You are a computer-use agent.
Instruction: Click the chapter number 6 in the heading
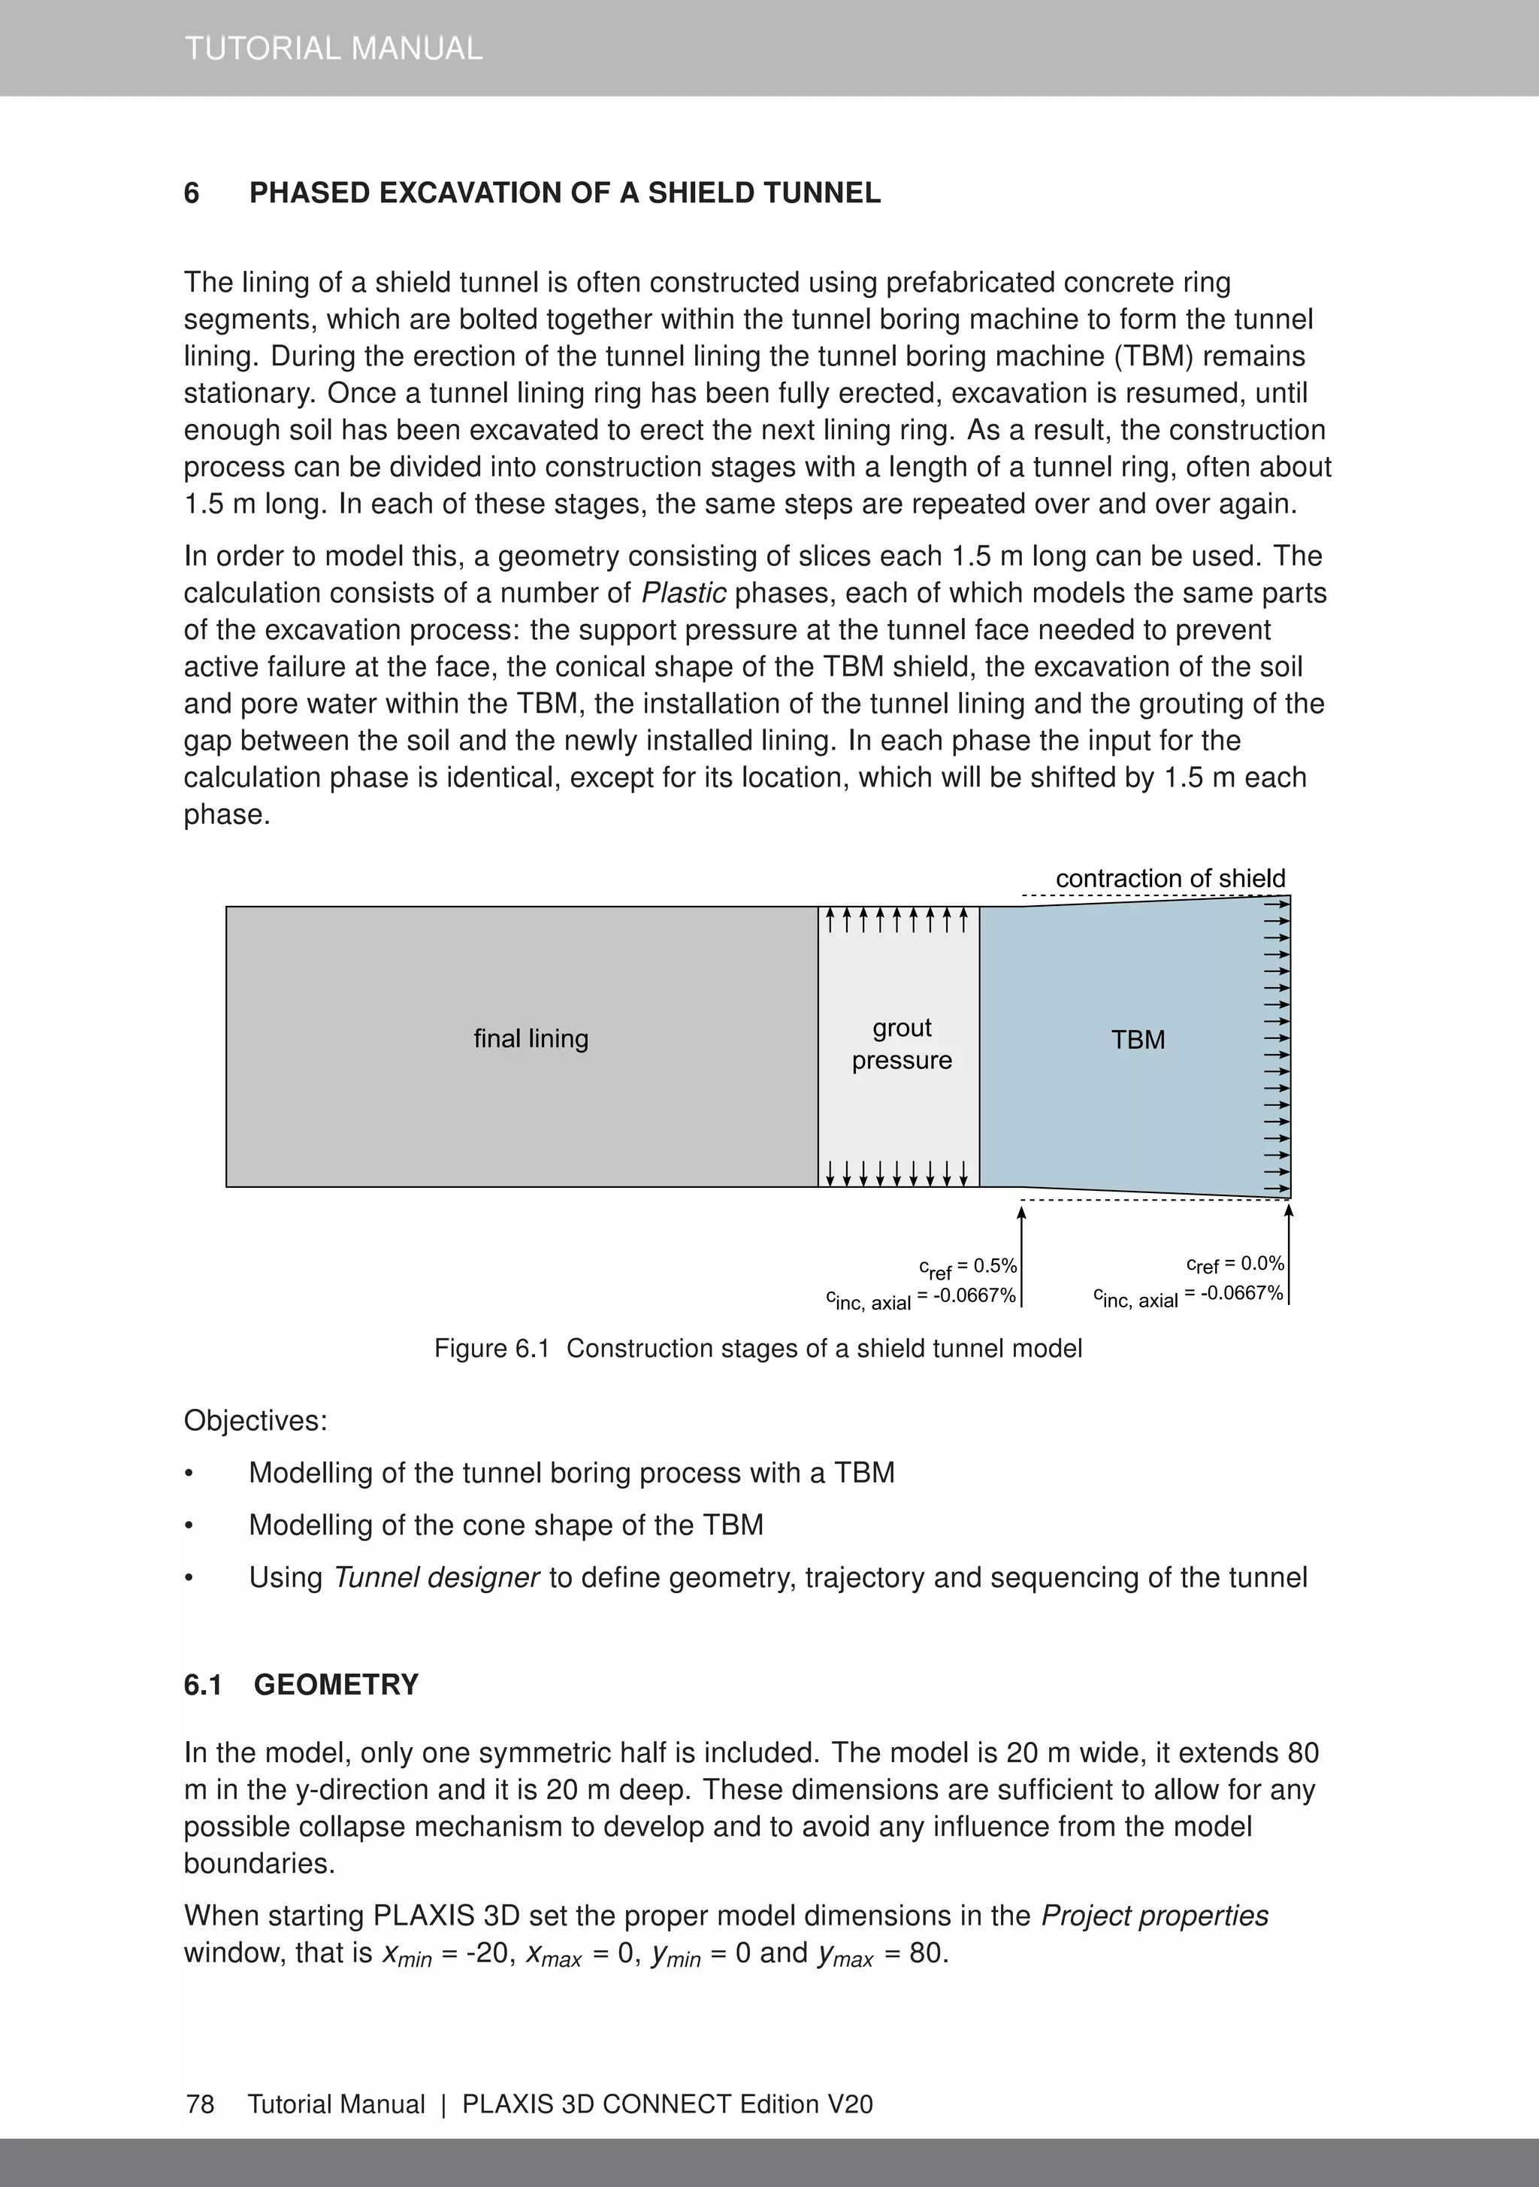tap(192, 193)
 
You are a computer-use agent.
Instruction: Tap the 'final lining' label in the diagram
tap(531, 1038)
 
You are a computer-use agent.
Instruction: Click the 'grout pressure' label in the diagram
tap(901, 1044)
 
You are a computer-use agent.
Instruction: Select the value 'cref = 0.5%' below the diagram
tap(968, 1268)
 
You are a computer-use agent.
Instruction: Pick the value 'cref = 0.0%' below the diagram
tap(1235, 1265)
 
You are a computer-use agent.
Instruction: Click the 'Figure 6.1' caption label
tap(492, 1349)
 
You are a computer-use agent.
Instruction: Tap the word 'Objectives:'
tap(255, 1421)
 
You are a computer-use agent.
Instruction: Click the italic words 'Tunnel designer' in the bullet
tap(436, 1577)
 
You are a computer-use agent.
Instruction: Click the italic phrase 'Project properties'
tap(1154, 1916)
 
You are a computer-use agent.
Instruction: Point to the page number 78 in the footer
tap(200, 2104)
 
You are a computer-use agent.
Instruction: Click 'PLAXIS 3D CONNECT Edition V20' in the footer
tap(667, 2104)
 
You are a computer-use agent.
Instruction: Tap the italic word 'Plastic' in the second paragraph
tap(683, 593)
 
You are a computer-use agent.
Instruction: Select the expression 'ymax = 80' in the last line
tap(880, 1954)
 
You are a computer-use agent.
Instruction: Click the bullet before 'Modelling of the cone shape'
tap(189, 1526)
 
